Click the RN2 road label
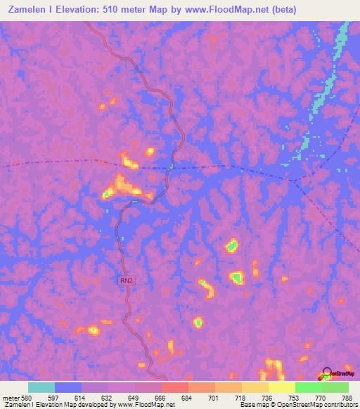(x=124, y=280)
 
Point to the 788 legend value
(x=346, y=397)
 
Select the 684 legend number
(x=186, y=397)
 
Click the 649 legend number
(x=132, y=397)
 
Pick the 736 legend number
(x=266, y=397)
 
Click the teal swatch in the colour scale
(x=41, y=387)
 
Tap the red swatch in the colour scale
(x=175, y=387)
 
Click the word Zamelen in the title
(x=26, y=10)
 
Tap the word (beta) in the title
(x=281, y=10)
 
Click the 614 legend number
(x=79, y=397)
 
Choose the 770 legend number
(x=319, y=397)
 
